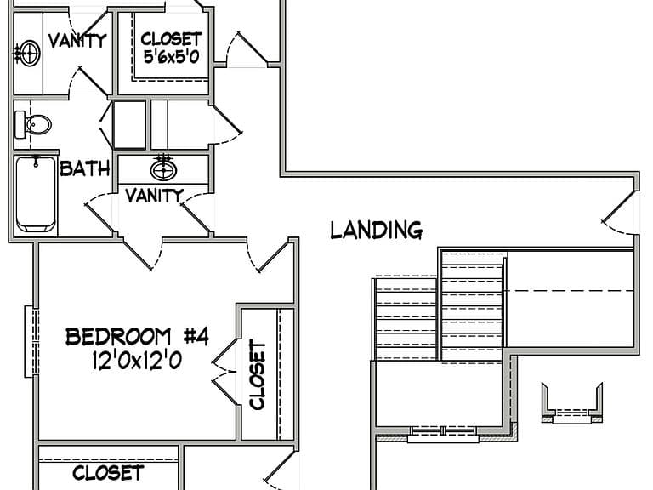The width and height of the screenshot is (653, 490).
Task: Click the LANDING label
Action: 377,231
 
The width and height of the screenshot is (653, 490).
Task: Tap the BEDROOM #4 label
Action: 137,337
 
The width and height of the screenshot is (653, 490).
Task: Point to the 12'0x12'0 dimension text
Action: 137,360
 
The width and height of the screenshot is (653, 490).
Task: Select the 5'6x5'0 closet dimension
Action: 171,56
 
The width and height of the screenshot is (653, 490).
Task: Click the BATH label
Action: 85,168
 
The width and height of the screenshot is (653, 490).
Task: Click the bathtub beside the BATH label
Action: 36,194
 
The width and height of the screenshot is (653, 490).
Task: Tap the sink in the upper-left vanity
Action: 28,53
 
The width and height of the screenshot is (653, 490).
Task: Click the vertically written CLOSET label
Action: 258,374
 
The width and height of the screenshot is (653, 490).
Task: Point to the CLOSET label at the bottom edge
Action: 108,473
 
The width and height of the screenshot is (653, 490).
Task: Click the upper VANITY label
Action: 77,41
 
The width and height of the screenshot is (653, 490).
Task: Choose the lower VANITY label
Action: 155,196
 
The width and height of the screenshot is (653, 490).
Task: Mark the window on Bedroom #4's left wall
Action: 31,342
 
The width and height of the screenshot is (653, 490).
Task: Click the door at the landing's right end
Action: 619,212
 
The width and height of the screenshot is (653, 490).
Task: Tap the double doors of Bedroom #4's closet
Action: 224,372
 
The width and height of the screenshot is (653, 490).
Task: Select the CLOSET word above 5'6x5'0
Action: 171,39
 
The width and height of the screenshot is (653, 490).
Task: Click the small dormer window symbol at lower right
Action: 571,403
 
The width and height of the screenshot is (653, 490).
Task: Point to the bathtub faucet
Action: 37,161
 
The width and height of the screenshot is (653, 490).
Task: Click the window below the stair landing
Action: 443,435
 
